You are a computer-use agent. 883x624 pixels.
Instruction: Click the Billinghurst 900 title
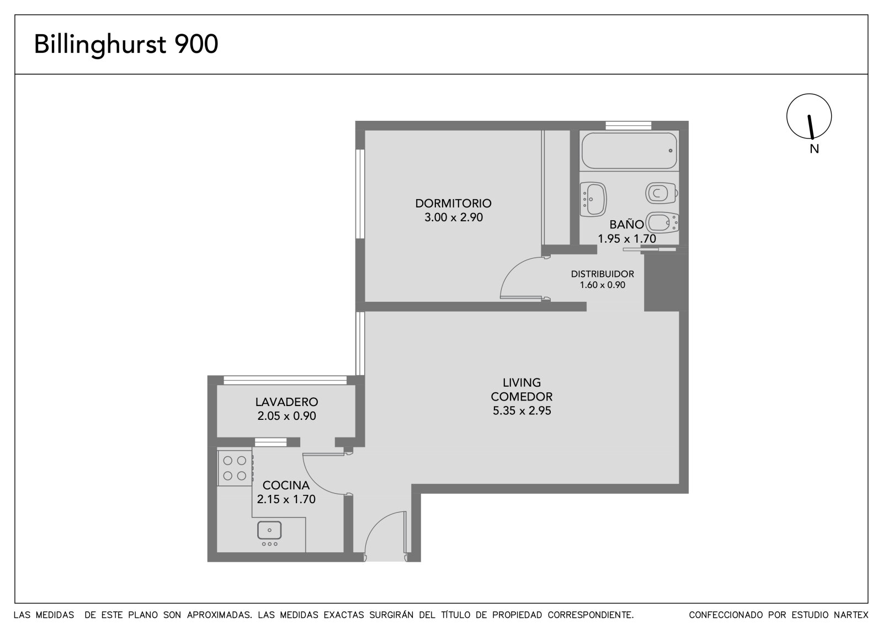tap(126, 45)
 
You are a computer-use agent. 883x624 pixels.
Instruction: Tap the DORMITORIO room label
tap(453, 204)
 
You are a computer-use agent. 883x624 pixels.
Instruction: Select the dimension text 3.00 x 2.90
tap(453, 217)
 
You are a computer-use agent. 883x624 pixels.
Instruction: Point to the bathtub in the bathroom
tap(629, 151)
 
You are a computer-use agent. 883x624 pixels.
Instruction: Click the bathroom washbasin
tap(593, 199)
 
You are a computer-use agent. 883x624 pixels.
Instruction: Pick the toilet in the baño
tap(662, 193)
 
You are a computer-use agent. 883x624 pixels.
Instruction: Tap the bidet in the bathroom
tap(662, 223)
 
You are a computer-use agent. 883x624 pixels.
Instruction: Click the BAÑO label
tap(626, 225)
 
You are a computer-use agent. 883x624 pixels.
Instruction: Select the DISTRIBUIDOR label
tap(602, 274)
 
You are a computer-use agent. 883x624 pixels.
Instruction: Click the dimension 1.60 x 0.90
tap(602, 285)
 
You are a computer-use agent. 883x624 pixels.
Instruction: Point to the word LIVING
tap(522, 382)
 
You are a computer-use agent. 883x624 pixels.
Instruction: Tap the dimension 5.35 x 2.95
tap(522, 410)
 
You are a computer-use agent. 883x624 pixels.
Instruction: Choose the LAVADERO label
tap(286, 402)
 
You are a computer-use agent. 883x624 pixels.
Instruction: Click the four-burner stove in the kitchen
tap(235, 468)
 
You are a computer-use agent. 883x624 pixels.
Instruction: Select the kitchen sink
tap(269, 530)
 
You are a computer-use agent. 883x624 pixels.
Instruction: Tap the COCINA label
tap(286, 486)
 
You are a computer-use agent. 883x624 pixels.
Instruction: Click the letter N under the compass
tap(814, 149)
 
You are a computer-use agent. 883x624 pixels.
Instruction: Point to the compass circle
tap(786, 116)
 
